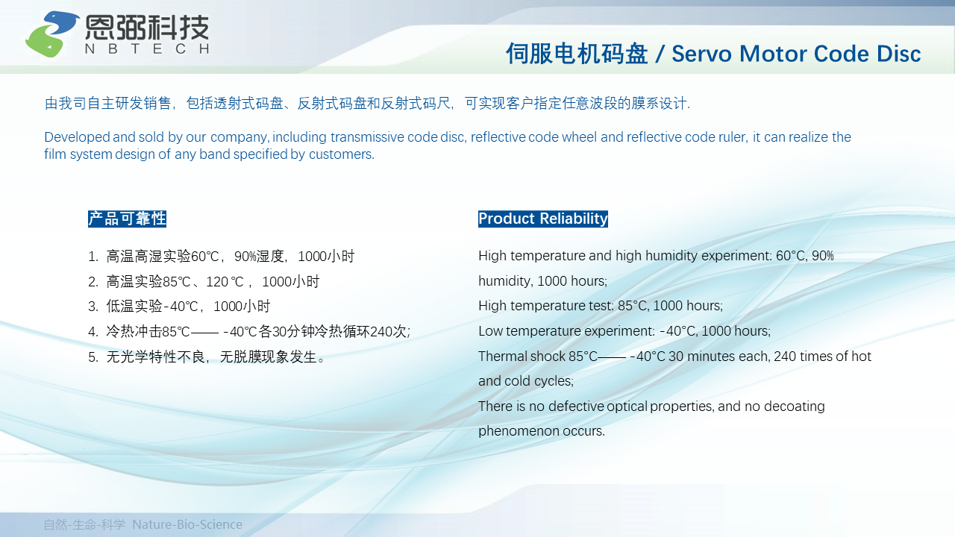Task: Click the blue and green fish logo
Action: (52, 34)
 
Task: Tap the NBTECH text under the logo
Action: (147, 48)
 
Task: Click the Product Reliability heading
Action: (542, 219)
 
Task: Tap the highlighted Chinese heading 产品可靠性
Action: (127, 219)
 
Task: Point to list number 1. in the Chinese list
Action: (93, 257)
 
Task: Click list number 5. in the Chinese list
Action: (93, 357)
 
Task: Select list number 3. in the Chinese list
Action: (93, 307)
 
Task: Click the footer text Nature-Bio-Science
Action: (187, 524)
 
